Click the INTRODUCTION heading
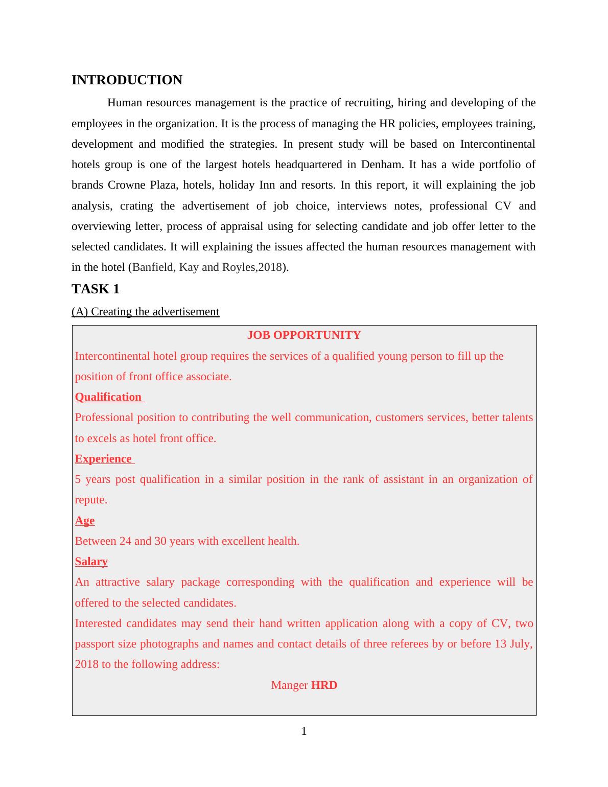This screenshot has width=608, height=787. tap(127, 80)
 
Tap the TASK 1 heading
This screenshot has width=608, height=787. tap(96, 289)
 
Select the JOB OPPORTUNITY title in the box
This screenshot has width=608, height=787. tap(304, 335)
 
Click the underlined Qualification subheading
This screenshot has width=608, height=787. tap(108, 397)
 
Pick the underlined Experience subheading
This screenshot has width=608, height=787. tap(103, 459)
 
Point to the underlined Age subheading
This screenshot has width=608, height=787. tap(85, 521)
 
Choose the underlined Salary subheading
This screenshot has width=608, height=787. tap(91, 562)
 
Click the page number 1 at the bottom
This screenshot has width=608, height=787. tap(304, 731)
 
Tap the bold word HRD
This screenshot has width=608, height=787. tap(324, 685)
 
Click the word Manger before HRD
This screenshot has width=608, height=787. tap(290, 685)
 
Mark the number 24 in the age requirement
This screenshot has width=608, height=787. tap(125, 541)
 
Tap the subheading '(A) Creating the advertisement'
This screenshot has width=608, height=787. tap(146, 312)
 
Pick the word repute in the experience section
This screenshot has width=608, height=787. tap(90, 500)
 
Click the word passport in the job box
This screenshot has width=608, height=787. tap(95, 644)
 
